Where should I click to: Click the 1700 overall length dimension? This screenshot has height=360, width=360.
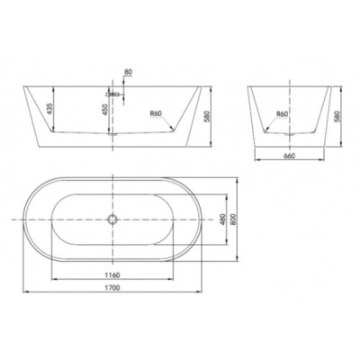(112, 288)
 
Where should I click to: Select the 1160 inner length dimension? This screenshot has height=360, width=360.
(112, 274)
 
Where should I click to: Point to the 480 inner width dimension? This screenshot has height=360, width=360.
(222, 220)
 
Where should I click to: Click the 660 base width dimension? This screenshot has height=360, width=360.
(290, 156)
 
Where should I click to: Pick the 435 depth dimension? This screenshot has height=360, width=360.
(49, 109)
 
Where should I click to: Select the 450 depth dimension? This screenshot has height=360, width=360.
(105, 110)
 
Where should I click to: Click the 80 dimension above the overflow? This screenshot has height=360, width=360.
(128, 72)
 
